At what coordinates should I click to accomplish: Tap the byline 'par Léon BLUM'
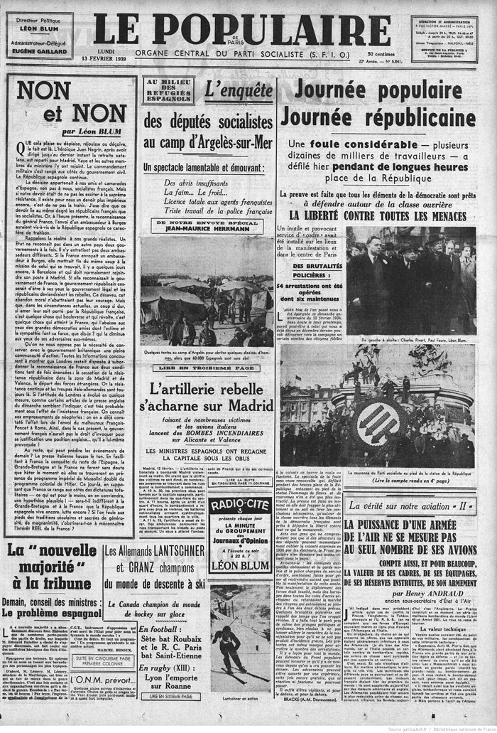92,131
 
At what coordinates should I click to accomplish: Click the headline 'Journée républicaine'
377,117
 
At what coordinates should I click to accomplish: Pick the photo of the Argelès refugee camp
207,290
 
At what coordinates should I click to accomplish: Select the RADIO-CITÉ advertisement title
239,506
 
